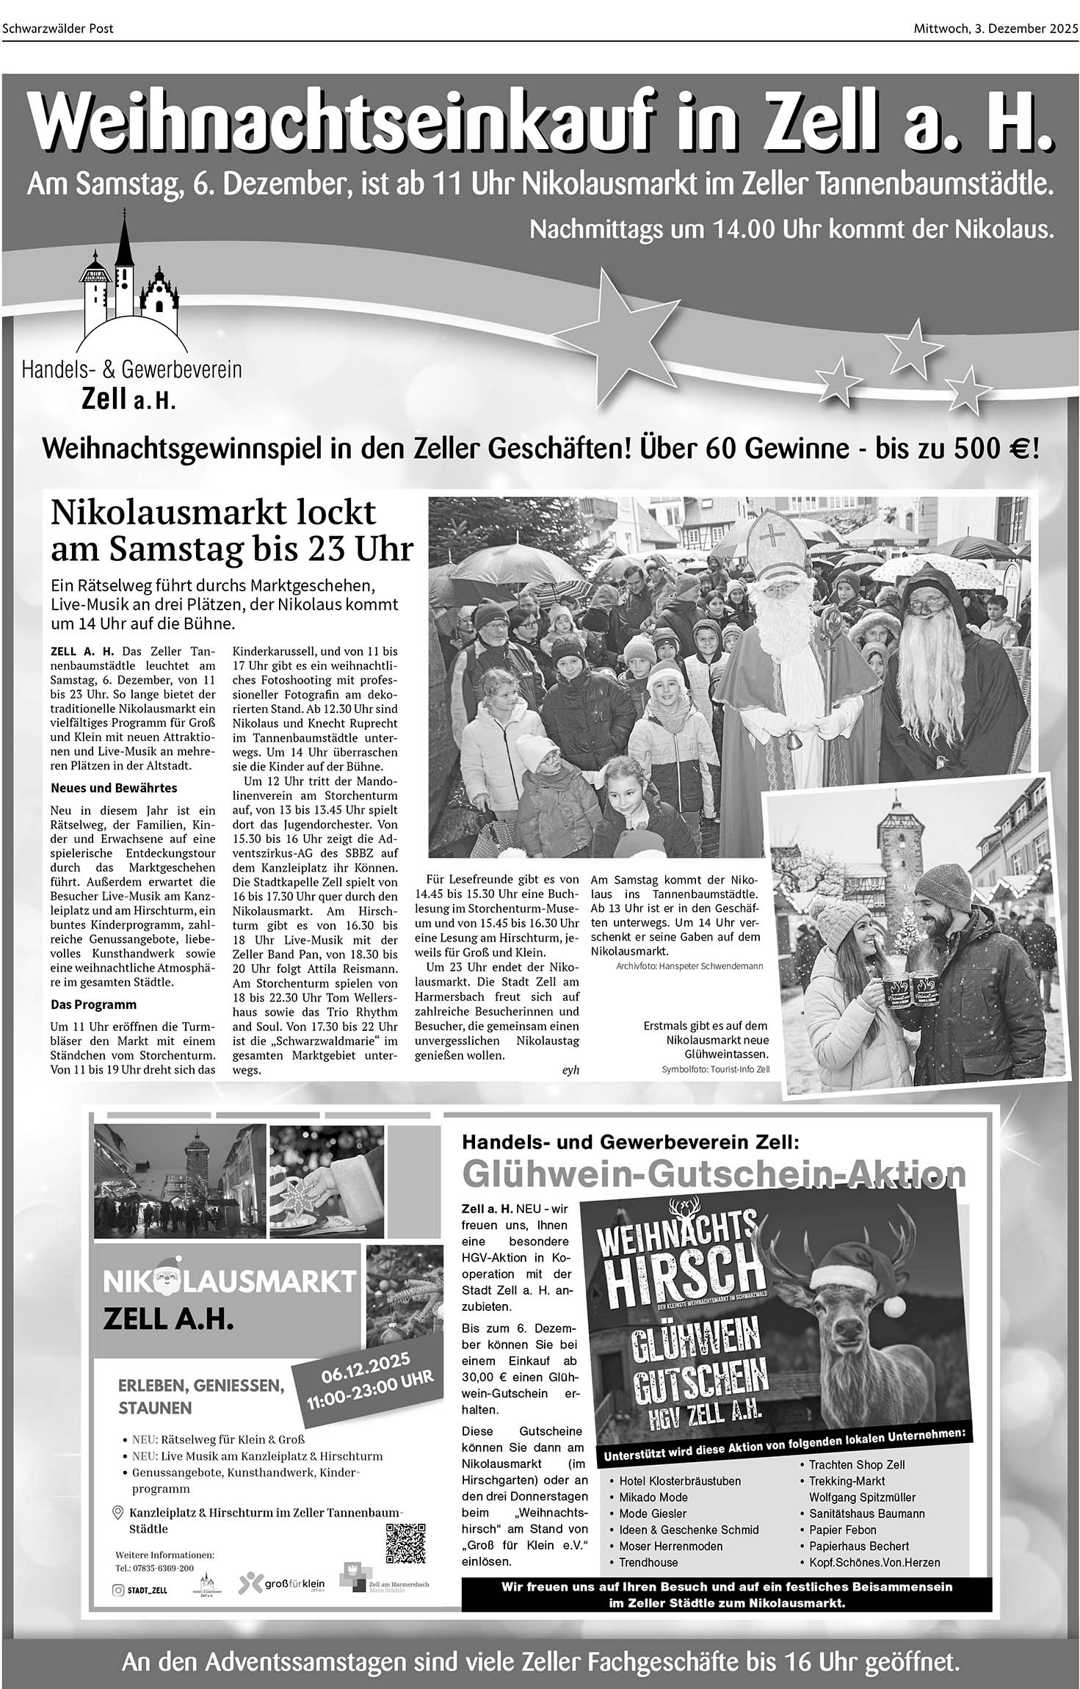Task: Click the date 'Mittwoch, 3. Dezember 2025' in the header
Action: click(x=996, y=29)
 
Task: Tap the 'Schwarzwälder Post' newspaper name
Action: click(x=58, y=29)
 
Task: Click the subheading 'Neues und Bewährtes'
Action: click(x=114, y=788)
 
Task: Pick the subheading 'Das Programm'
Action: click(x=93, y=1004)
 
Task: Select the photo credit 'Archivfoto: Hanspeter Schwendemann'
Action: click(x=689, y=966)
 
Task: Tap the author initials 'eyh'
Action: click(x=570, y=1070)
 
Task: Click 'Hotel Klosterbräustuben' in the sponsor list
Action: click(x=680, y=1481)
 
